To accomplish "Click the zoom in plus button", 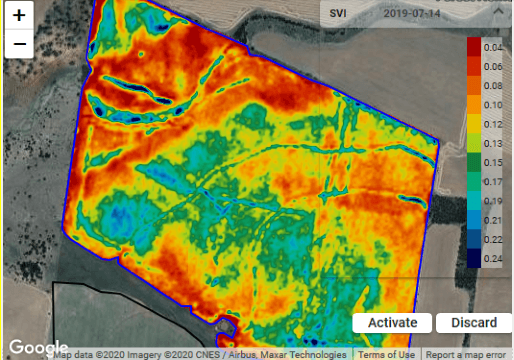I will point(19,17).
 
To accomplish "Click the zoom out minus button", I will point(19,44).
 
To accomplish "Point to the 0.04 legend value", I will point(491,47).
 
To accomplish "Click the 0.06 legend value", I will point(491,66).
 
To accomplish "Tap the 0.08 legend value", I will point(491,86).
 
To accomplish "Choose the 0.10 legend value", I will point(491,105).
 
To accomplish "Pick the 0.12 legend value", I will point(491,124).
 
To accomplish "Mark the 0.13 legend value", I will point(491,144).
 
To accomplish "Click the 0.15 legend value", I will point(491,163).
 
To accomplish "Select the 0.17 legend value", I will point(491,182).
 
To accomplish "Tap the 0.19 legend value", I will point(491,202).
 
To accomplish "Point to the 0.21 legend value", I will point(491,221).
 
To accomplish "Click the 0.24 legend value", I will point(491,260).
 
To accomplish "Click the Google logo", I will point(38,348).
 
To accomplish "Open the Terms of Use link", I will point(386,354).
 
